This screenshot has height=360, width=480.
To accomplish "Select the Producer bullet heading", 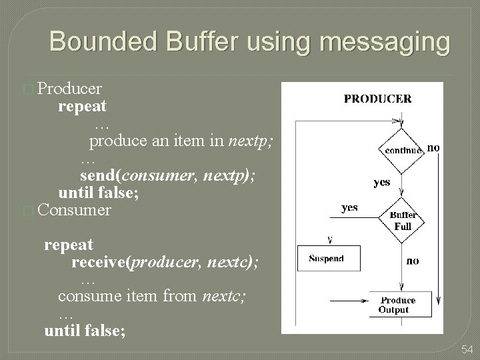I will (x=69, y=88).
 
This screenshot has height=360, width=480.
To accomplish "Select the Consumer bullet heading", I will (x=75, y=210).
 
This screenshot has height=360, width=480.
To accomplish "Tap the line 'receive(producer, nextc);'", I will (x=165, y=262).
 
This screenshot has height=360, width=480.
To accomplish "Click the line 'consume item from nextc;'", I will (x=151, y=296).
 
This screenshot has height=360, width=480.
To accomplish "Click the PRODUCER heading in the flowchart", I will (x=377, y=99).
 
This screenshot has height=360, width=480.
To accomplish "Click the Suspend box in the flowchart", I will (x=326, y=259).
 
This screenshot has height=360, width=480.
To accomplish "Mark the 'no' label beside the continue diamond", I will (x=433, y=147).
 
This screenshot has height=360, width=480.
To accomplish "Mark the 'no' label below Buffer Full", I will (x=413, y=261).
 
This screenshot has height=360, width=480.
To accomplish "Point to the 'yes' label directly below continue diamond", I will (x=382, y=182).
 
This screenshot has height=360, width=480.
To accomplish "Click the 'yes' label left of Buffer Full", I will (x=349, y=207).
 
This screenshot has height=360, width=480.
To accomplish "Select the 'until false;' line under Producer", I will (x=99, y=193).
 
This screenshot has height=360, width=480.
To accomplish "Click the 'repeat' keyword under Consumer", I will (x=69, y=245).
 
